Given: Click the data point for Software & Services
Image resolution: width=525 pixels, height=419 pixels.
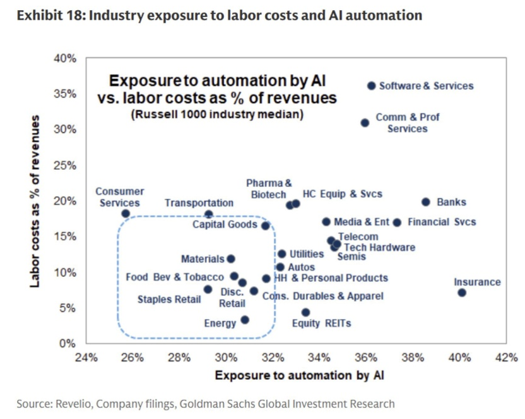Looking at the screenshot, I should pyautogui.click(x=372, y=85).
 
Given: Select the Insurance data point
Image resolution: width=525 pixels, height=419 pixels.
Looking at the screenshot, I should pyautogui.click(x=462, y=293).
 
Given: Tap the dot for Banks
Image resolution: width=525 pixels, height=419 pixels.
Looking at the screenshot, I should pyautogui.click(x=426, y=202).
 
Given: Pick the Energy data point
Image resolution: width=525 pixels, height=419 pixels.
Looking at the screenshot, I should pyautogui.click(x=245, y=320).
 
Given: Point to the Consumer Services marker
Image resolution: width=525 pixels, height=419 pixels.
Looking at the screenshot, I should pyautogui.click(x=126, y=214).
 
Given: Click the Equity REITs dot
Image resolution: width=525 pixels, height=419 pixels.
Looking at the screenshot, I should pyautogui.click(x=305, y=312).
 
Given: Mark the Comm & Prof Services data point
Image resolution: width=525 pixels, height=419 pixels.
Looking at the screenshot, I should pyautogui.click(x=365, y=123).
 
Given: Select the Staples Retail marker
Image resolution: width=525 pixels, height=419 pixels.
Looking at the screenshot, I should pyautogui.click(x=208, y=289).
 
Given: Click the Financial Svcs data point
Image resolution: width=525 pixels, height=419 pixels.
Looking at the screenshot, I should pyautogui.click(x=397, y=222).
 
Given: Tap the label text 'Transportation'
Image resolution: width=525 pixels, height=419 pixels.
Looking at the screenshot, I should pyautogui.click(x=199, y=203).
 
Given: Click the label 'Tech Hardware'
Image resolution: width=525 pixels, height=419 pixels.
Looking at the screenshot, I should pyautogui.click(x=379, y=247).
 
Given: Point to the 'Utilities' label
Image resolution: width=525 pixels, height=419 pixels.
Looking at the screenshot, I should pyautogui.click(x=307, y=254).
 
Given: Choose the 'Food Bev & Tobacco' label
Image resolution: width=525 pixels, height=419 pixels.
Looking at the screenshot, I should pyautogui.click(x=175, y=277).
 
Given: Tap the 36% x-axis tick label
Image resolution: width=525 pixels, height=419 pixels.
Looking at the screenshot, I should pyautogui.click(x=366, y=357).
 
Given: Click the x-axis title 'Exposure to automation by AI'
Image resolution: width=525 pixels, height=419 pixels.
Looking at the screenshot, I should pyautogui.click(x=299, y=375).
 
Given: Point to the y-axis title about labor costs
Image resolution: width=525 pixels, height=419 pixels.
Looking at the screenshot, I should pyautogui.click(x=36, y=201).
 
